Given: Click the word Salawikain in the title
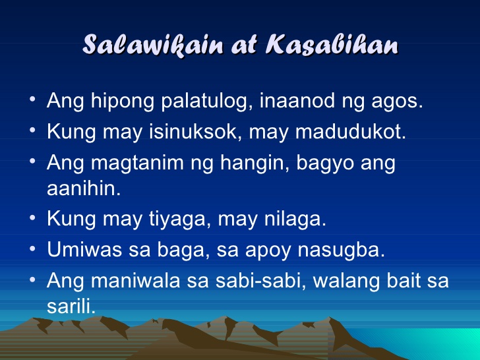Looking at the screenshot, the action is tap(152, 45).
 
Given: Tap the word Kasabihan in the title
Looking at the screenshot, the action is tap(332, 44).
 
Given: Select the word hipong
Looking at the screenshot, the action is tap(123, 102).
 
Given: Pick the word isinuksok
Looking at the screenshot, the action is tap(193, 132).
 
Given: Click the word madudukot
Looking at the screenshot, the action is tap(351, 132).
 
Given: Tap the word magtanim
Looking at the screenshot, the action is tap(137, 163).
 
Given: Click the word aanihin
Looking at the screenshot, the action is tap(84, 188).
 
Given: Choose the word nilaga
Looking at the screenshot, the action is tap(295, 219).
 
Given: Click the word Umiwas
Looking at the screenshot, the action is tap(84, 249).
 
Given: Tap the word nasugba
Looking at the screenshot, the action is tap(342, 250).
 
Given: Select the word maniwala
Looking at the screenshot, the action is tap(136, 280).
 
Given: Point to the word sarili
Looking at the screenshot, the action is tap(71, 306).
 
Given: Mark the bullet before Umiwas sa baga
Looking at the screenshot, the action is tap(33, 249).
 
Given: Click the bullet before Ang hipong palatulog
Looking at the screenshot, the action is tap(33, 99).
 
